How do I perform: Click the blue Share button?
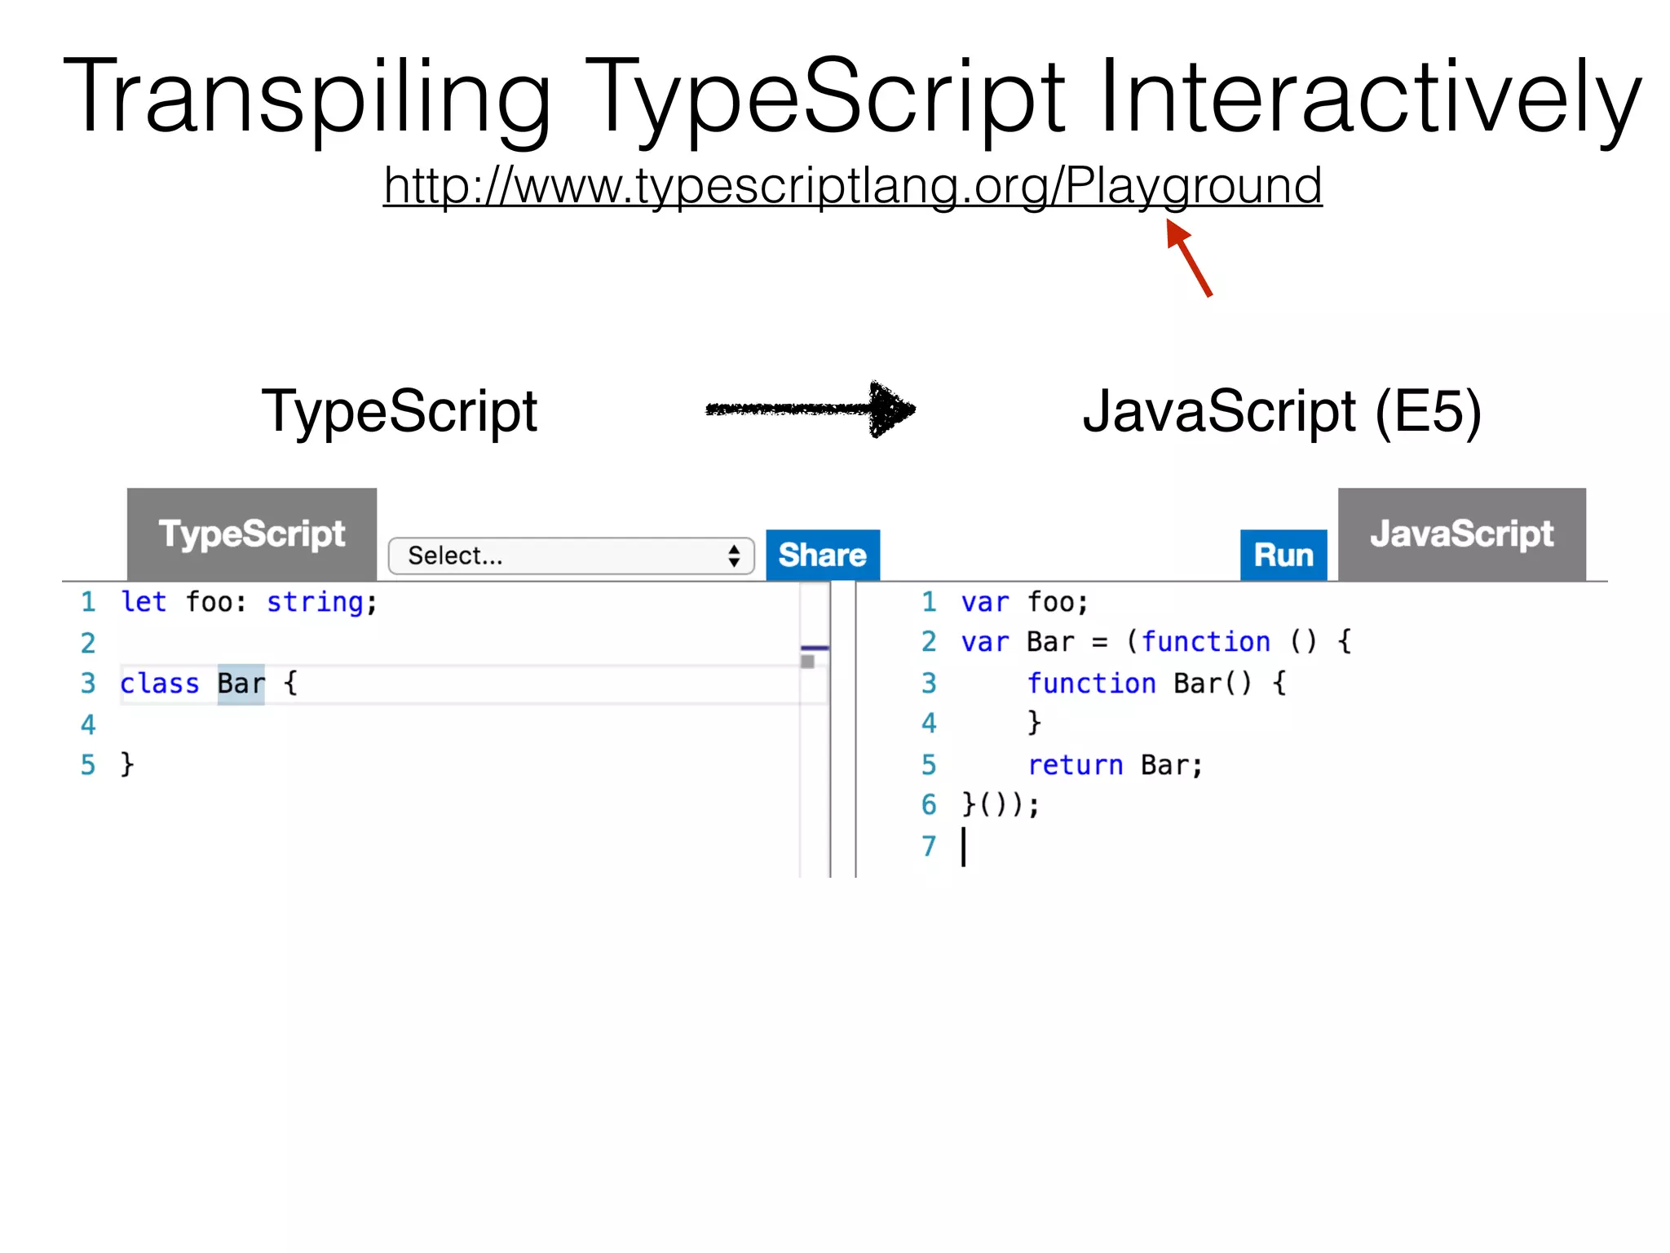(822, 556)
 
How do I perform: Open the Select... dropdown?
(571, 556)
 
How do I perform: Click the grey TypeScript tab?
(252, 534)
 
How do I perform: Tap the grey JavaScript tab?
(1461, 534)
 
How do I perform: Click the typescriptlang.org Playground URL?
(852, 186)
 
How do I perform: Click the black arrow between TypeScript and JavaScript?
(811, 409)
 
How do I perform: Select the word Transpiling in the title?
(307, 96)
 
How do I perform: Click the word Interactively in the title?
(1370, 96)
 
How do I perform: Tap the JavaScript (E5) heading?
(1281, 411)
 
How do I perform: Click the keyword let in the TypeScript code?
(144, 602)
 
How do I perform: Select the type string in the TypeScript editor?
(315, 602)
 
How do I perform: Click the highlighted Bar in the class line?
(241, 684)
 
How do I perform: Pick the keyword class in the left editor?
(160, 684)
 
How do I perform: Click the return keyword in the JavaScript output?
(1075, 765)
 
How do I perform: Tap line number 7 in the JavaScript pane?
(929, 846)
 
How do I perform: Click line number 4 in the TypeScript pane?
(88, 724)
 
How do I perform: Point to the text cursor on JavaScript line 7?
(964, 846)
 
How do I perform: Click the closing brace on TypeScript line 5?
(127, 765)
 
